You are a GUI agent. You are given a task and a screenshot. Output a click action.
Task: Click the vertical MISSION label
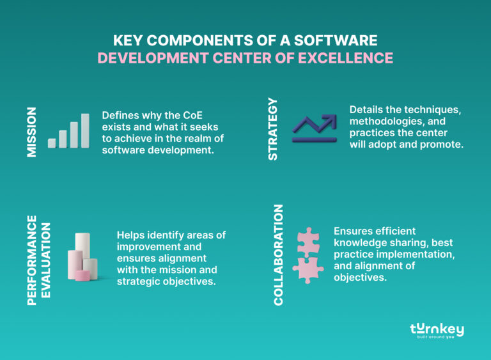(32, 131)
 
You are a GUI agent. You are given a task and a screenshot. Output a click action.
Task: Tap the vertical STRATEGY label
(273, 129)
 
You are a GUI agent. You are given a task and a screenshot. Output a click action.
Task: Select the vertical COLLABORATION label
(279, 254)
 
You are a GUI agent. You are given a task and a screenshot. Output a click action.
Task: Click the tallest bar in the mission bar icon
(85, 131)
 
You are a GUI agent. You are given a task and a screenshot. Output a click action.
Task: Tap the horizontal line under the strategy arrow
(314, 139)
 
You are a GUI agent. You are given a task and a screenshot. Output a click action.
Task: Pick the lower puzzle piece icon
(308, 269)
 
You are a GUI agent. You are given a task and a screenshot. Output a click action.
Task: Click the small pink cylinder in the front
(82, 276)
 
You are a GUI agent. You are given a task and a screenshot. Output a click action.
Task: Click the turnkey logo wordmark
(437, 328)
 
